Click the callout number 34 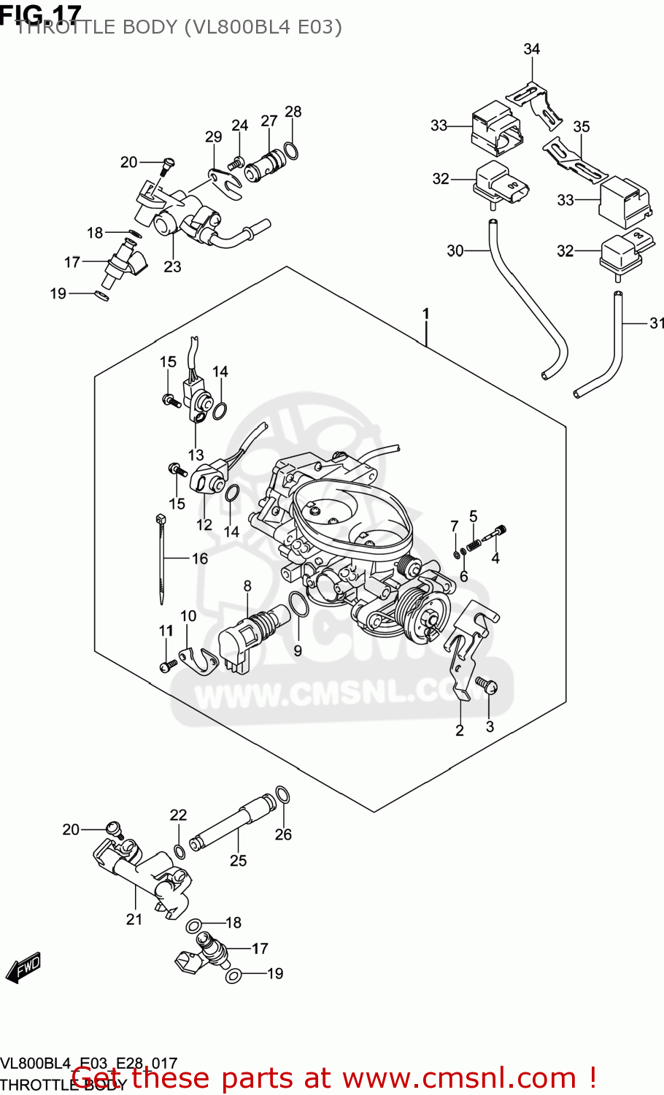pyautogui.click(x=531, y=49)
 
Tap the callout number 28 pyautogui.click(x=293, y=112)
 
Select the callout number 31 pyautogui.click(x=657, y=323)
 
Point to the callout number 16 pyautogui.click(x=200, y=558)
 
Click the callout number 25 pyautogui.click(x=239, y=861)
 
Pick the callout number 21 pyautogui.click(x=134, y=919)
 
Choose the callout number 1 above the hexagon pyautogui.click(x=425, y=315)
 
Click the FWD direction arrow pyautogui.click(x=23, y=968)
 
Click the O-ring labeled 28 pyautogui.click(x=290, y=151)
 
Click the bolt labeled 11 pyautogui.click(x=168, y=665)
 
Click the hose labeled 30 pyautogui.click(x=525, y=307)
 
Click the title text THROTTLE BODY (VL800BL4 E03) pyautogui.click(x=179, y=27)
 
